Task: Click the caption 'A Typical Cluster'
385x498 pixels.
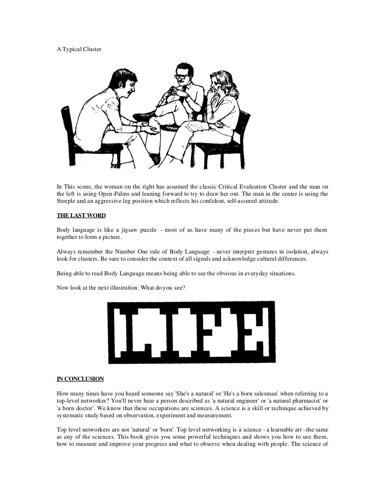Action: click(79, 49)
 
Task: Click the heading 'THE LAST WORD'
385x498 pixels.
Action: click(81, 216)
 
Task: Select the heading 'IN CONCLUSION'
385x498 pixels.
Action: click(80, 379)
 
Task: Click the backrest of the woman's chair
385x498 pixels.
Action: click(243, 124)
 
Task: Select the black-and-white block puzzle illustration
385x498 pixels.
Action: click(191, 332)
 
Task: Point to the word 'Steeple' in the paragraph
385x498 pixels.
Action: click(66, 201)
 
